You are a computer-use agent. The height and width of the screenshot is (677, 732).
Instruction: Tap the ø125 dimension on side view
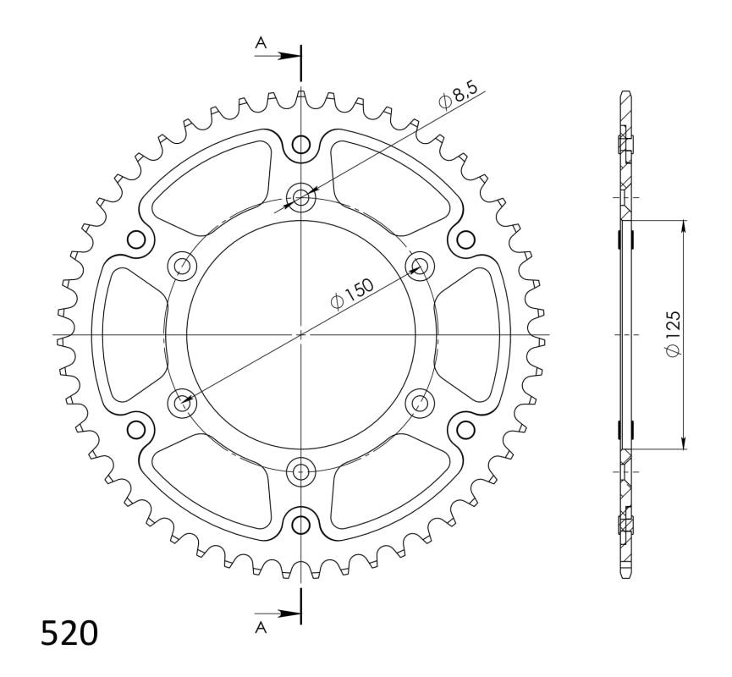tap(674, 334)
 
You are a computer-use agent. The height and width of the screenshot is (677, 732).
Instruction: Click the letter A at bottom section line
tap(261, 627)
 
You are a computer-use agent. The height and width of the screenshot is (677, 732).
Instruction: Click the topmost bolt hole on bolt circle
tap(301, 198)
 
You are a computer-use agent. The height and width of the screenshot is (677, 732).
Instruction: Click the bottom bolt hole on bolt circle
tap(301, 471)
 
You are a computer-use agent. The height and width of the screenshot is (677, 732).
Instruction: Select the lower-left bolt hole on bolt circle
tap(182, 404)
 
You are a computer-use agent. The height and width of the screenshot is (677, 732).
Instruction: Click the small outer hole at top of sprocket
tap(301, 145)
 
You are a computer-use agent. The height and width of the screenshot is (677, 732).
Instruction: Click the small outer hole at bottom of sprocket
tap(301, 526)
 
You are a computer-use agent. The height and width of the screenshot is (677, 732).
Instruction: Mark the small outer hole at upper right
tap(465, 240)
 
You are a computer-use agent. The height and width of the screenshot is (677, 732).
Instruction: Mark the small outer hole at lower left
tap(136, 430)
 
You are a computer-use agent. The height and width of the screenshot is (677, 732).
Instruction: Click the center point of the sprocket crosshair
tap(301, 335)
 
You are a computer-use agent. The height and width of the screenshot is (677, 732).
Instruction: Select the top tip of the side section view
tap(626, 91)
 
